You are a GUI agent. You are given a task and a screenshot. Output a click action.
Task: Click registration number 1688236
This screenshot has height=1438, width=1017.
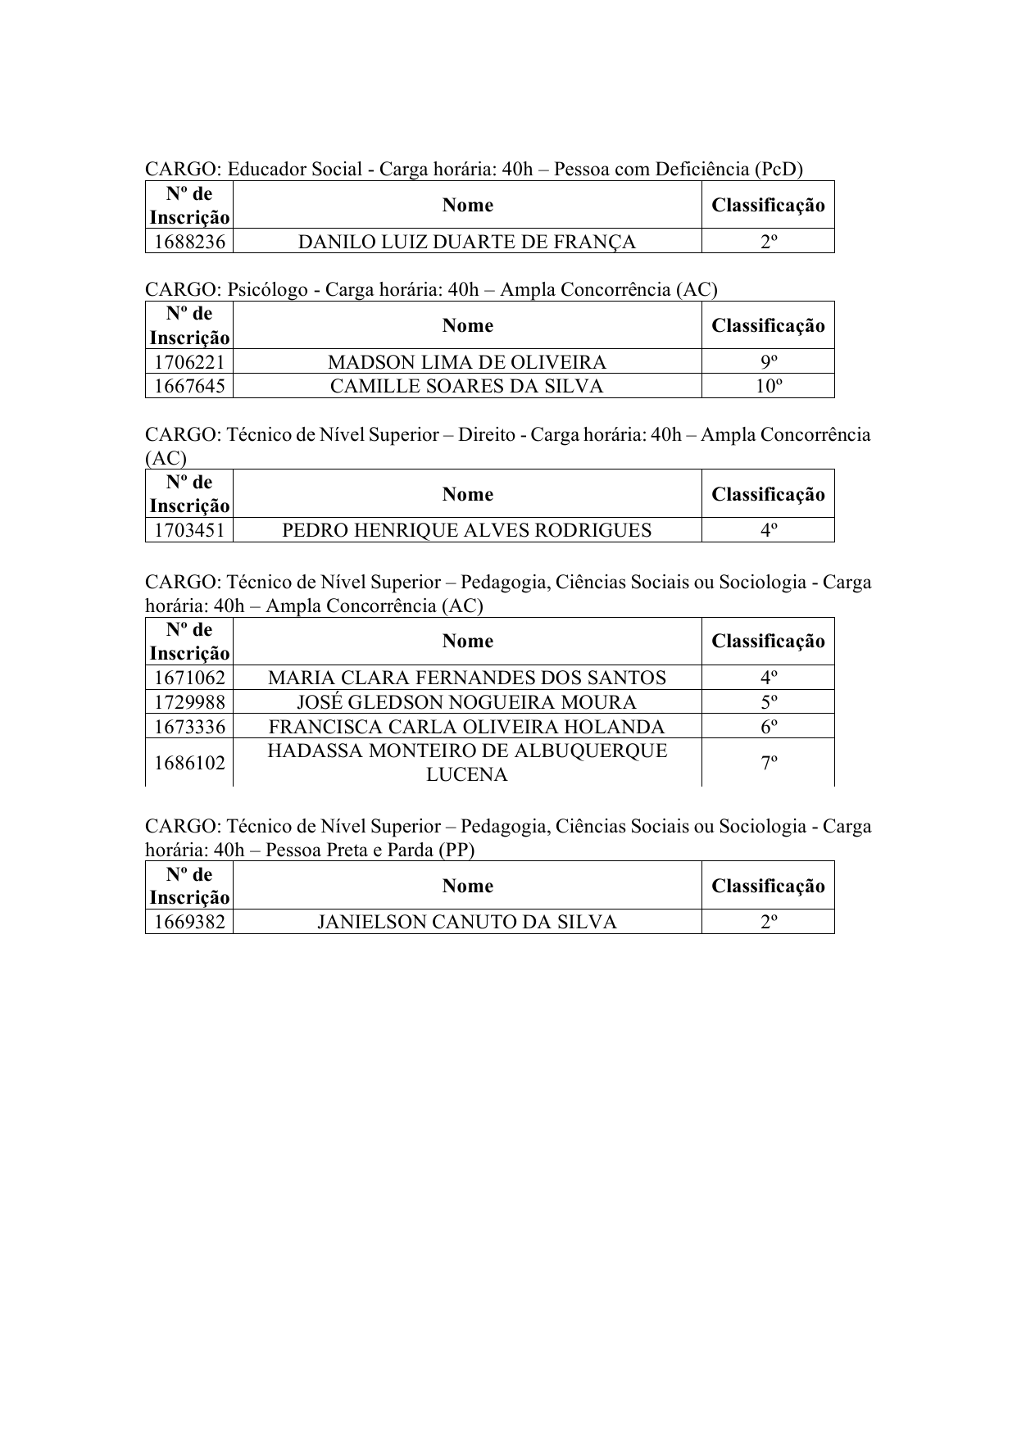pos(189,242)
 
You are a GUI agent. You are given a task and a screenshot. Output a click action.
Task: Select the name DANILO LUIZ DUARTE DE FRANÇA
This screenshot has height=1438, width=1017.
pos(467,242)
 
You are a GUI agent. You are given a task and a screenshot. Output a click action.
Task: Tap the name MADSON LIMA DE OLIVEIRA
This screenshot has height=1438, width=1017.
pos(467,362)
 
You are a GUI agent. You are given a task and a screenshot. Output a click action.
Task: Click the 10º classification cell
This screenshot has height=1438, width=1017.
pos(768,386)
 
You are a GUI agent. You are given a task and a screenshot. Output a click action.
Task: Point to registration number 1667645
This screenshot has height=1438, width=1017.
pos(189,386)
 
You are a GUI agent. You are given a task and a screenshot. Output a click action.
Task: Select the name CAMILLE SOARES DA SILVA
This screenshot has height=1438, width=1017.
pos(467,386)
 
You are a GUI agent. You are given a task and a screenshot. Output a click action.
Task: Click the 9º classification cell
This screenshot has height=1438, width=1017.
pos(768,362)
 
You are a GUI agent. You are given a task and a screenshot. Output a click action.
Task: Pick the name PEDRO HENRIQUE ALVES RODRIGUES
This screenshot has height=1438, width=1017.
pos(467,530)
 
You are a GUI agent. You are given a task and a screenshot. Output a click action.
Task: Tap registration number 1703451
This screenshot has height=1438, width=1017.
pos(189,530)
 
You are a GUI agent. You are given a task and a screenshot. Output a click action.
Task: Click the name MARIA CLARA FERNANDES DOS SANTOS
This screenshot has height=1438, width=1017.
pos(467,678)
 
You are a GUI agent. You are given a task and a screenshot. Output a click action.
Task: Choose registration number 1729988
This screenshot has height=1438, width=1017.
pos(189,702)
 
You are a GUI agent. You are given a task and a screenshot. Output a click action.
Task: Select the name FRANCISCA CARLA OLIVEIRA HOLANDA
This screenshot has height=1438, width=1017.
pos(467,727)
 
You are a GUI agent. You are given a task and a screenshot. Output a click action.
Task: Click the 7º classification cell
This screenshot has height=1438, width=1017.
pos(768,763)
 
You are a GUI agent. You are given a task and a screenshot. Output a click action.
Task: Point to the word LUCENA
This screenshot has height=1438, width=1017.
pos(467,774)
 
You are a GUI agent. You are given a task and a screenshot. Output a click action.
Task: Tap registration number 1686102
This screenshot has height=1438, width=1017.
pos(189,763)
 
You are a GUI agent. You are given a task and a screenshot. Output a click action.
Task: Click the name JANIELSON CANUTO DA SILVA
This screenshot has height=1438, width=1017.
pos(467,922)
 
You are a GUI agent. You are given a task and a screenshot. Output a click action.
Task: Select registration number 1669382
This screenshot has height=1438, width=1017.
pos(189,922)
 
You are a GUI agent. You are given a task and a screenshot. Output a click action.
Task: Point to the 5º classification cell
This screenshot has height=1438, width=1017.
pos(768,702)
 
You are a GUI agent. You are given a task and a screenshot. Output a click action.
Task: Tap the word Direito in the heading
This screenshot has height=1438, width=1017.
pos(487,434)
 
